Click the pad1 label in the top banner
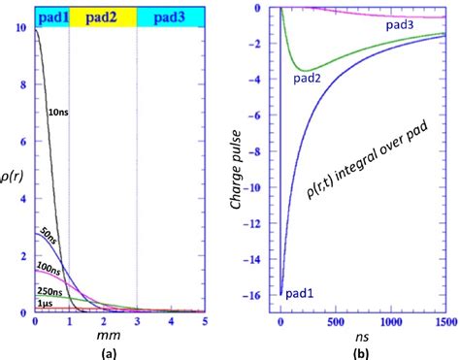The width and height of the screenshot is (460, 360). point(51,16)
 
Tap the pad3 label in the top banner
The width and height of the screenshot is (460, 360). point(170,16)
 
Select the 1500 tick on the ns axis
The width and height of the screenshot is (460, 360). point(444,321)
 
